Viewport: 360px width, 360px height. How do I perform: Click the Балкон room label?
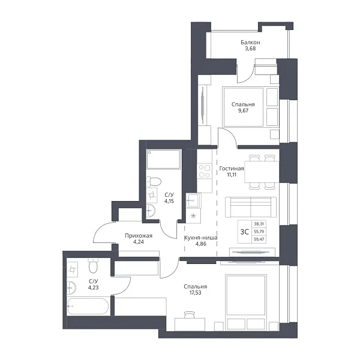tap(250, 42)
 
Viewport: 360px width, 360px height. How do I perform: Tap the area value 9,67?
tap(243, 110)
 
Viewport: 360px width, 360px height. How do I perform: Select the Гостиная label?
tap(232, 169)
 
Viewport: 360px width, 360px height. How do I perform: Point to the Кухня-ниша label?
tap(201, 238)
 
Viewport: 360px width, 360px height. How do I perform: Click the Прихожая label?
tap(139, 236)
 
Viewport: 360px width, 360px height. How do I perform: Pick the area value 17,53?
tap(196, 293)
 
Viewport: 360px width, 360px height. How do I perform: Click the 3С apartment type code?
tap(245, 232)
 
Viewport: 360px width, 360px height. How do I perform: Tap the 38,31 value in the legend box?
tap(259, 224)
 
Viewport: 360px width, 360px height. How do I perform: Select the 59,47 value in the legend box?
tap(259, 239)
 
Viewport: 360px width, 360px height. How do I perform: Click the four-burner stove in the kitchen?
tap(205, 171)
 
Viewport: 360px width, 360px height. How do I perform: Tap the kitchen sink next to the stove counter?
tap(193, 200)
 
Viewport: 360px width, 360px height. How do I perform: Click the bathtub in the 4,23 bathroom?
tap(88, 306)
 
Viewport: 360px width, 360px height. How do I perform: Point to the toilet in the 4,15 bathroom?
tap(154, 181)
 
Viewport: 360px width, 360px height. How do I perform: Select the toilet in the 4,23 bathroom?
tap(93, 266)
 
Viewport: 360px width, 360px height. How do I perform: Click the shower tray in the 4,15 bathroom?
tap(163, 160)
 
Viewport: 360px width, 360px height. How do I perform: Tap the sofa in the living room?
tap(251, 207)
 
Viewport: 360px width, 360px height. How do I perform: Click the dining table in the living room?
tap(262, 172)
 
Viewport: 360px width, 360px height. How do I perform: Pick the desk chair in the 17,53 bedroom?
tap(190, 315)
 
